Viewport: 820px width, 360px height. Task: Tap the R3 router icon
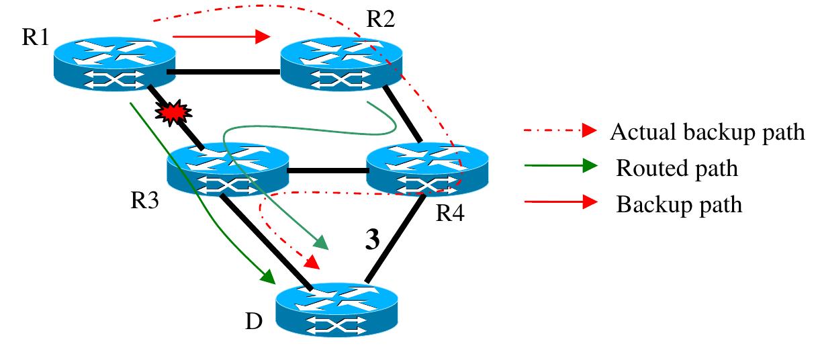(x=228, y=169)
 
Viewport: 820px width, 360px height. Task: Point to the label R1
(x=35, y=37)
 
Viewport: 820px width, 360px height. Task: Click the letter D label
(x=254, y=322)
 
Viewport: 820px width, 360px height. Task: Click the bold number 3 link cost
(x=373, y=240)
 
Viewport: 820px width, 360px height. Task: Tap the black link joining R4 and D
(x=394, y=239)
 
